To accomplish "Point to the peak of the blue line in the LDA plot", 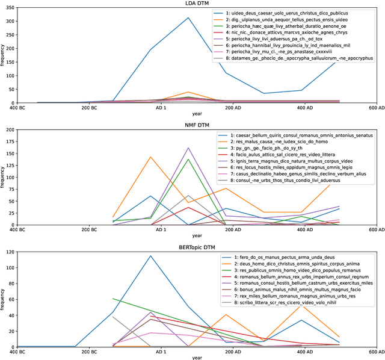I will tap(188, 17).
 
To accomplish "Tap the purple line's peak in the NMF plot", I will tap(188, 147).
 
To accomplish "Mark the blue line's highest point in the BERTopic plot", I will tap(150, 256).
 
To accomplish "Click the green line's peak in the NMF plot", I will tap(188, 159).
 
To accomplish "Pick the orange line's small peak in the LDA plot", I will tap(188, 92).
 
